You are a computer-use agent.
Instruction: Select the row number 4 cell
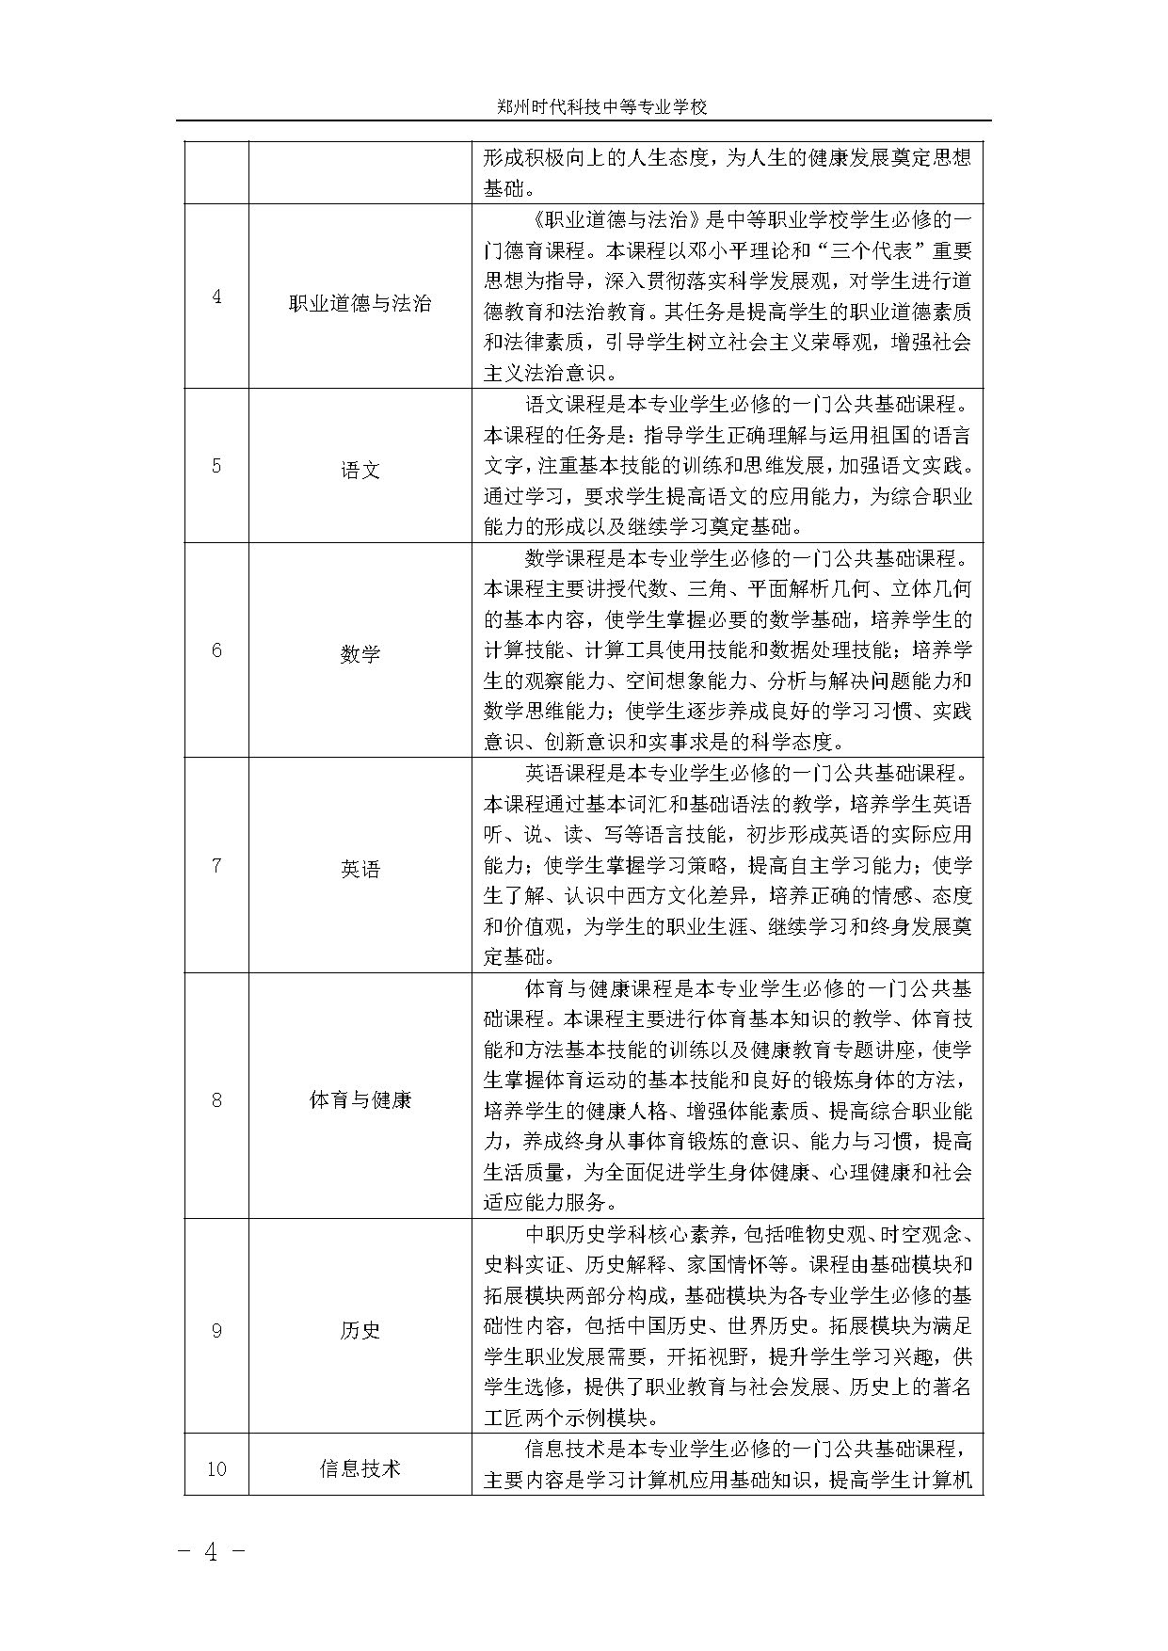(216, 297)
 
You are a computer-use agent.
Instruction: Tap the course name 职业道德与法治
(360, 303)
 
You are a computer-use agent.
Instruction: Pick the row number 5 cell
(216, 465)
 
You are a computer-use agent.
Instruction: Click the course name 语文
(360, 470)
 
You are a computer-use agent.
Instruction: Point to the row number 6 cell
(216, 649)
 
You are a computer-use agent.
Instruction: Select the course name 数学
(360, 654)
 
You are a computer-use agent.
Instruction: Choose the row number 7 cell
(216, 865)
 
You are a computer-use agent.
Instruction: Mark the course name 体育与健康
(360, 1099)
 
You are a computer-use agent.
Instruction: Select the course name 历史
(360, 1331)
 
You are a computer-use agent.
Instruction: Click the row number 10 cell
(216, 1468)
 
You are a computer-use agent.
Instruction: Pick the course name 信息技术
(360, 1468)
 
